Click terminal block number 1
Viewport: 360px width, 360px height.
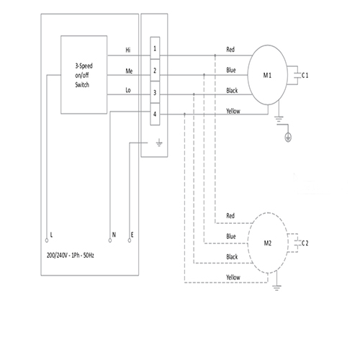tap(155, 48)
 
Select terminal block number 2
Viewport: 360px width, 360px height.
tap(155, 71)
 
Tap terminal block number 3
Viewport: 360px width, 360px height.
tap(155, 92)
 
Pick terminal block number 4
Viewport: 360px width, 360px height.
tap(155, 114)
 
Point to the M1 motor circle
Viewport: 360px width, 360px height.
tap(248, 75)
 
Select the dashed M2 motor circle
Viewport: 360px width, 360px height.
tap(248, 243)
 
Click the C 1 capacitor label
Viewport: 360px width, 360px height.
tap(305, 76)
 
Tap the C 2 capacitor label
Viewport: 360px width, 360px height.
tap(305, 243)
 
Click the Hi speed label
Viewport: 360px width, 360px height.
tap(128, 50)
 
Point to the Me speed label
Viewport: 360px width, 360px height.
tap(129, 71)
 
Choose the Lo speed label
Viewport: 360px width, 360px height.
tap(128, 90)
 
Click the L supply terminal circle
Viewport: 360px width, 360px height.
tap(47, 240)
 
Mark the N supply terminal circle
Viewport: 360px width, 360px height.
tap(110, 240)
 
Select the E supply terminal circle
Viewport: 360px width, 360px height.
tap(130, 240)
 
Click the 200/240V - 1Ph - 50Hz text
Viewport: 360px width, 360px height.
tap(71, 255)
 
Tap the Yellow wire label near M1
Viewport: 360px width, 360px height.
tap(233, 111)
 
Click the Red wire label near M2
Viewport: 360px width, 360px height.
tap(230, 216)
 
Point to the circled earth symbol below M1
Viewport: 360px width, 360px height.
tap(288, 138)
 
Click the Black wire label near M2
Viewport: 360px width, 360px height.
tap(232, 257)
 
